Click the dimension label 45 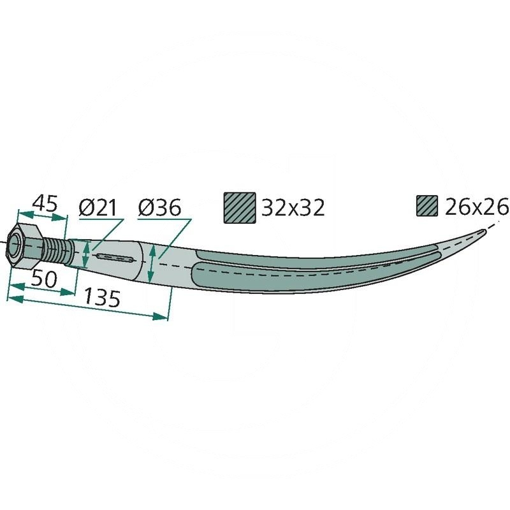click(45, 203)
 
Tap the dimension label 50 click(44, 279)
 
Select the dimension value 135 click(102, 298)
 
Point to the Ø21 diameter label click(98, 208)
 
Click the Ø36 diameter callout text click(159, 208)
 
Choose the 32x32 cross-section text click(293, 208)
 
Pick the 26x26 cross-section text click(476, 207)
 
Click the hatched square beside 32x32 click(240, 208)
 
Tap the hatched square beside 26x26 click(427, 206)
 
